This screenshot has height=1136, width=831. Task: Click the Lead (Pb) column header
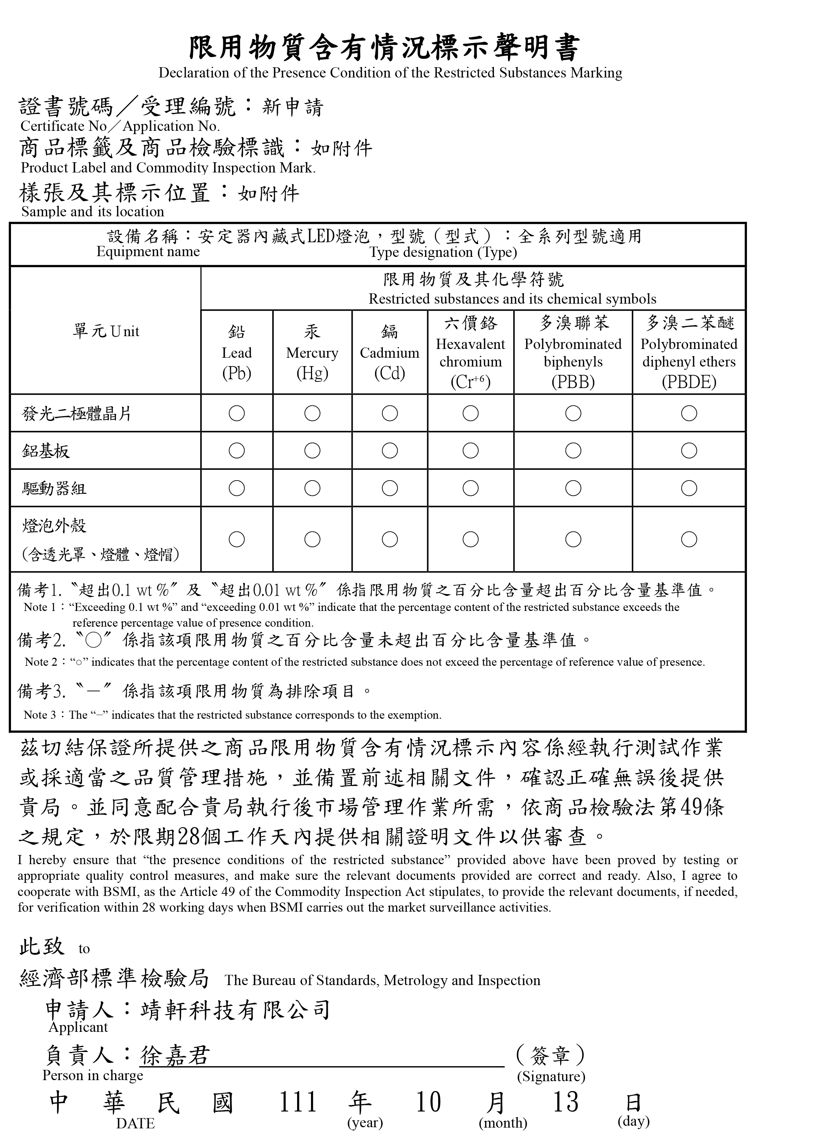[x=236, y=353]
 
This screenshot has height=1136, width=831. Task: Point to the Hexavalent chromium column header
[x=470, y=353]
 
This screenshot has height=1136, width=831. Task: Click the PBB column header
[x=573, y=353]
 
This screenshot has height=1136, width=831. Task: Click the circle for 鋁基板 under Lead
[x=236, y=451]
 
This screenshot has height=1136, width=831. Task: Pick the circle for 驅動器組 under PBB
[x=573, y=488]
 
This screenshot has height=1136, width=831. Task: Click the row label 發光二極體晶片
[x=76, y=414]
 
